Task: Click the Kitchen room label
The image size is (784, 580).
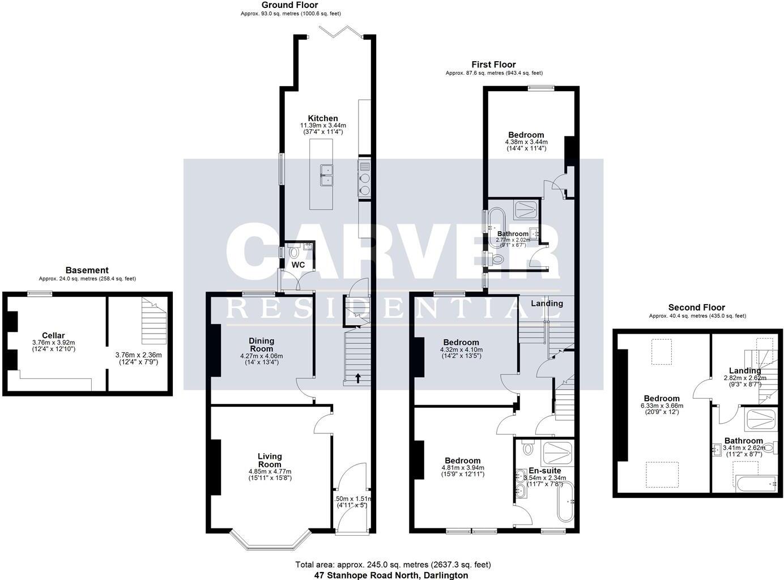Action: (323, 118)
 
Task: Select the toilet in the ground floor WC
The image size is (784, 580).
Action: (293, 251)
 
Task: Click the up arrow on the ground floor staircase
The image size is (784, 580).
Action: (357, 377)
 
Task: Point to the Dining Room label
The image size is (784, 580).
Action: (261, 344)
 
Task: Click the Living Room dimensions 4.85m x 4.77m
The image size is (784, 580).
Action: (270, 471)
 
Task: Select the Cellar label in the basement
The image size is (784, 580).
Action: (53, 335)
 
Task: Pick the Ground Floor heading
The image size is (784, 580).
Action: (290, 5)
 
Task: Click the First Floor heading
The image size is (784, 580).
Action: (493, 65)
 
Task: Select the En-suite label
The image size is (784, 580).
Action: (544, 470)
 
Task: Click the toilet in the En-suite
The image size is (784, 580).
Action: (529, 447)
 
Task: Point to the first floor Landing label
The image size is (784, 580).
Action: (547, 303)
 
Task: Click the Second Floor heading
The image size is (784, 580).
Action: (696, 308)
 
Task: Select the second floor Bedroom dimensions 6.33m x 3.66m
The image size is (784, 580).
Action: (661, 406)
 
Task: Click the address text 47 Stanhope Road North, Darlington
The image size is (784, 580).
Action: (391, 575)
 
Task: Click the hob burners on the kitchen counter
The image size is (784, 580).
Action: (364, 179)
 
